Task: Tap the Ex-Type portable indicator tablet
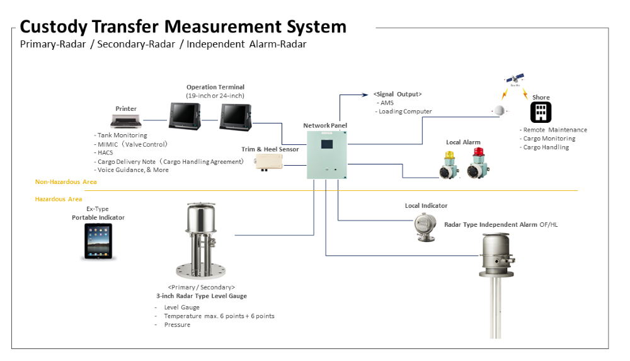point(99,242)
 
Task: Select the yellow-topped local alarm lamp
point(449,165)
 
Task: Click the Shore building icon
point(541,113)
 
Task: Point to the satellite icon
point(515,80)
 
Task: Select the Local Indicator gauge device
point(425,226)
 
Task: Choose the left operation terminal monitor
point(184,115)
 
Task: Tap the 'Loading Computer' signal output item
point(406,112)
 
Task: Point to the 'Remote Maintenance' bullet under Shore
point(554,130)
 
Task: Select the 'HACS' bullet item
point(105,152)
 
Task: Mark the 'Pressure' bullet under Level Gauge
point(176,325)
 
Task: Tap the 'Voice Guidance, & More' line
point(133,170)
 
